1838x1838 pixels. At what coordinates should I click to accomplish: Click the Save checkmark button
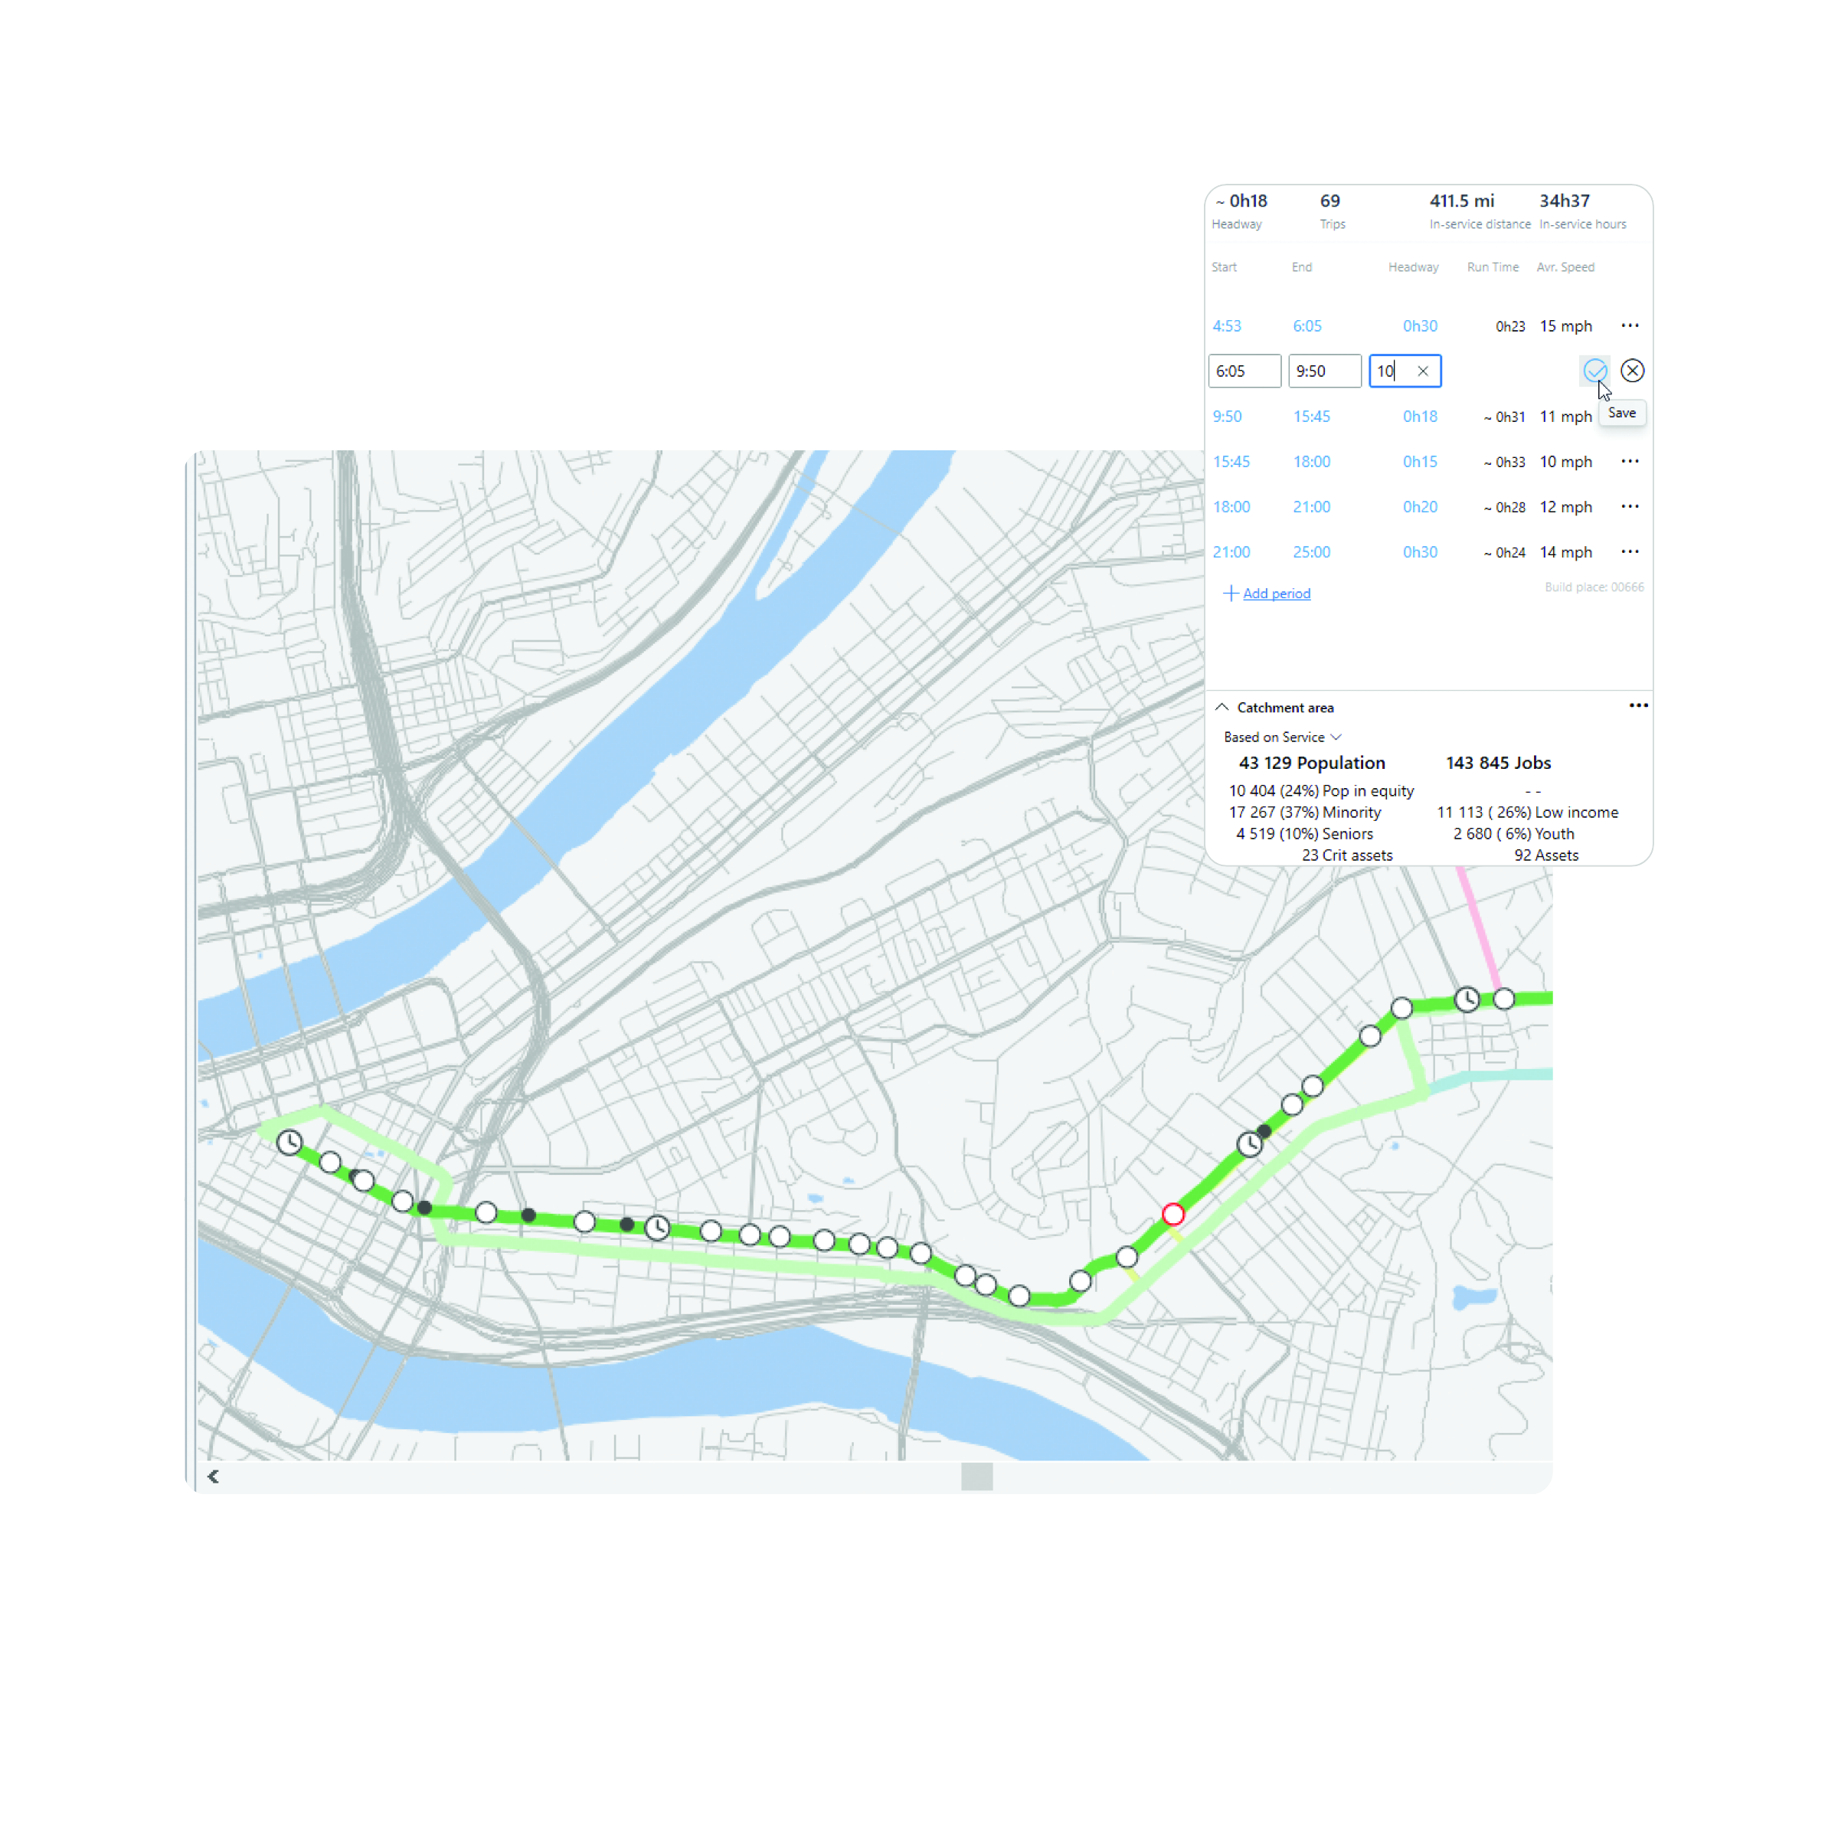tap(1595, 371)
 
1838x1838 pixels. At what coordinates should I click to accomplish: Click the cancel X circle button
tap(1633, 371)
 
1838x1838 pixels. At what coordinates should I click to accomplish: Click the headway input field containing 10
tap(1391, 371)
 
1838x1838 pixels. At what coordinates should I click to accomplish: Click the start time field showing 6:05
tap(1244, 371)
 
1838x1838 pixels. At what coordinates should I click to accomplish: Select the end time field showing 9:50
tap(1323, 371)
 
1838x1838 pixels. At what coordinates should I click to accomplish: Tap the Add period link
tap(1276, 594)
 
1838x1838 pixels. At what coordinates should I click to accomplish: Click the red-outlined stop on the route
tap(1173, 1214)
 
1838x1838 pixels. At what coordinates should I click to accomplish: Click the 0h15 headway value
tap(1419, 461)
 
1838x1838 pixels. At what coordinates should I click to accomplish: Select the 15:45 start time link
tap(1231, 461)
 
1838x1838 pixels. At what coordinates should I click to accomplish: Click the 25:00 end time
tap(1311, 551)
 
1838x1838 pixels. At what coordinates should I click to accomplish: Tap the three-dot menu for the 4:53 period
tap(1630, 325)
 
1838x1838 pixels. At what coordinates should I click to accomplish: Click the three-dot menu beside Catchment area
tap(1638, 705)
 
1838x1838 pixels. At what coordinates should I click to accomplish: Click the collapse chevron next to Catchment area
tap(1222, 707)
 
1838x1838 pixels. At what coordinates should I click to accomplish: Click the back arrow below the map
tap(213, 1477)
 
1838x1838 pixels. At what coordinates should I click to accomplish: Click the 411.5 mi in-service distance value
tap(1461, 201)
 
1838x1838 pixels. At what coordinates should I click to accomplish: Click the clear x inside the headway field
tap(1422, 371)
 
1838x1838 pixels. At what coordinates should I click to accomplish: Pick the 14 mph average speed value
tap(1565, 551)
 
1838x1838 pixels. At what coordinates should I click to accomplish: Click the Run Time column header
tap(1492, 267)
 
